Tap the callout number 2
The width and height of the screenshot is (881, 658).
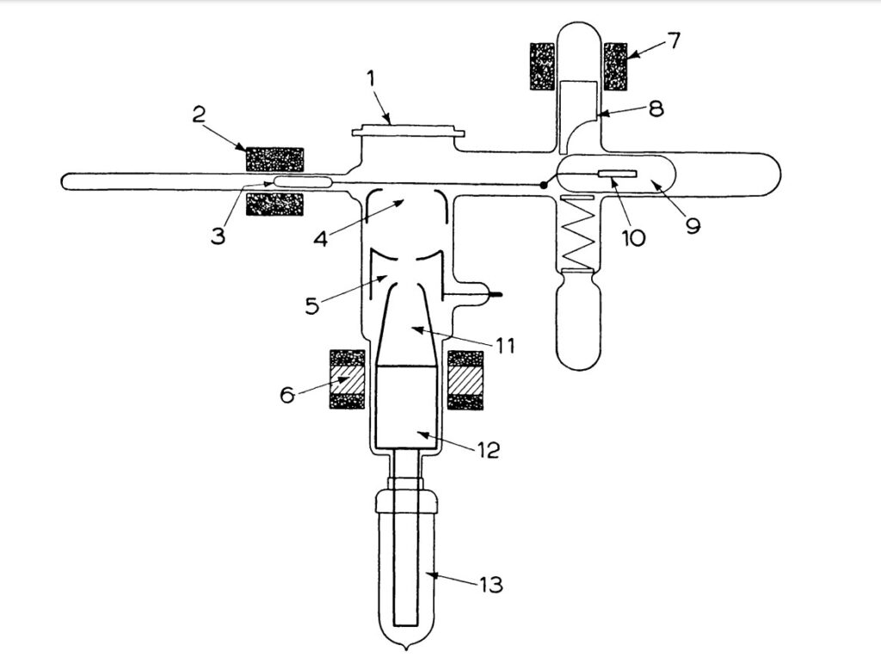(199, 114)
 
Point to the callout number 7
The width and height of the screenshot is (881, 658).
(674, 40)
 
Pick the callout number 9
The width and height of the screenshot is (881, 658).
(693, 225)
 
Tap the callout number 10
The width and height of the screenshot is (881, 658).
(633, 237)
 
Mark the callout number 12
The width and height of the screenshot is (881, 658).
(488, 449)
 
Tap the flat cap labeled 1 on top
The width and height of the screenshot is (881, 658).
(410, 132)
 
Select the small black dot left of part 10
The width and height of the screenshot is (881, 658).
(544, 184)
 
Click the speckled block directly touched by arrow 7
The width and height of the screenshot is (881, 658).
(616, 66)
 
